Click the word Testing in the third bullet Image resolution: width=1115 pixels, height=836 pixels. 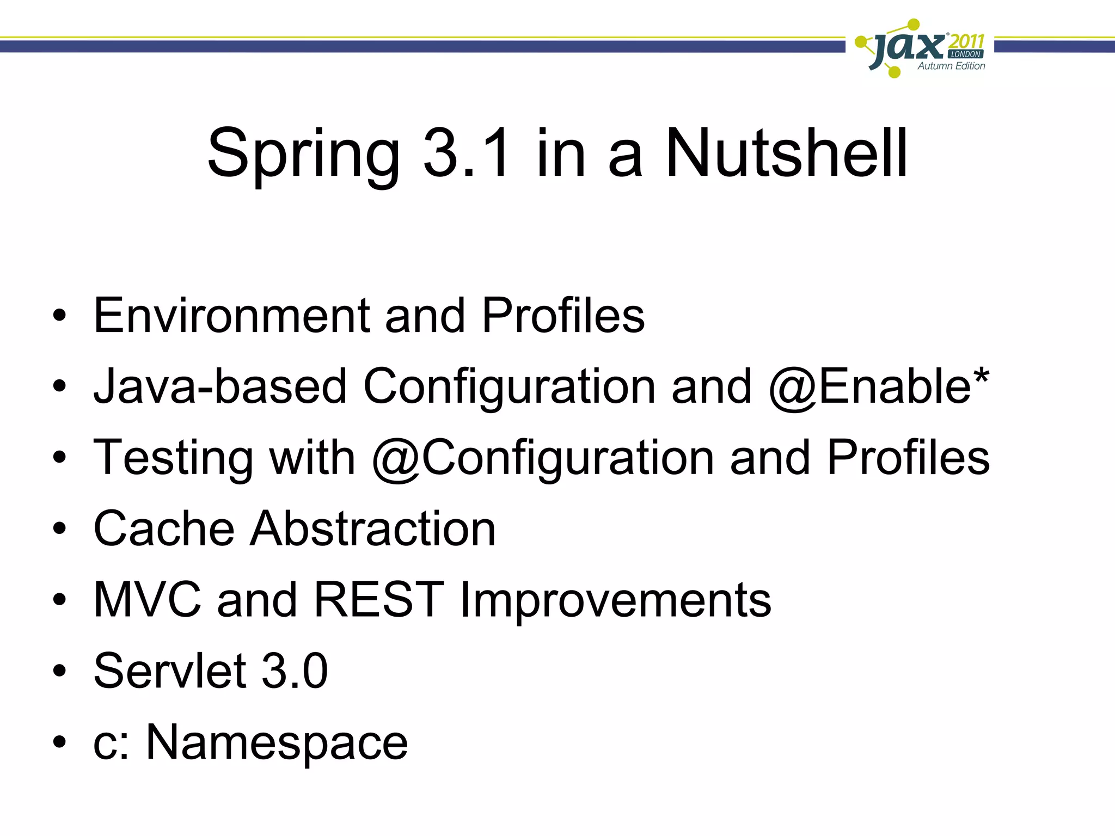pyautogui.click(x=173, y=458)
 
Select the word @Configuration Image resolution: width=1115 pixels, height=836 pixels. pyautogui.click(x=542, y=458)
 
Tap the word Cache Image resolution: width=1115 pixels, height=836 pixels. pyautogui.click(x=164, y=528)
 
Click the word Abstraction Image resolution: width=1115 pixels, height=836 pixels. pyautogui.click(x=372, y=528)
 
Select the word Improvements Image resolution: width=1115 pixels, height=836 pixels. pyautogui.click(x=615, y=600)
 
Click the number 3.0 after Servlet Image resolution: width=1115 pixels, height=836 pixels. pyautogui.click(x=295, y=671)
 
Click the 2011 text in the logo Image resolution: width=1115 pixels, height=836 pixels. pyautogui.click(x=966, y=42)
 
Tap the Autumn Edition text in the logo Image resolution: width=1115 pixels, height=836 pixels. pyautogui.click(x=951, y=66)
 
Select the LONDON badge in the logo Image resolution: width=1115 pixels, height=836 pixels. pyautogui.click(x=965, y=54)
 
